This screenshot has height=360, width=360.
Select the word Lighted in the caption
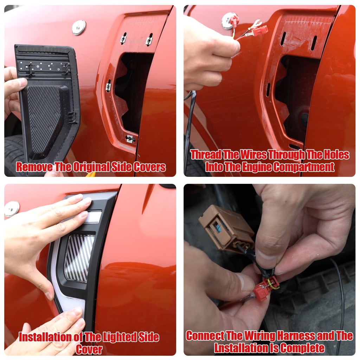tap(120, 337)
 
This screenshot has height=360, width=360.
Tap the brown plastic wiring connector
tap(226, 229)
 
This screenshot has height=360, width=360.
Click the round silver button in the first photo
tap(79, 27)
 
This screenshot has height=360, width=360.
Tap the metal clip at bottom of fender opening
tap(130, 139)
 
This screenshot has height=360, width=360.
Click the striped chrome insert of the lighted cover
tap(78, 258)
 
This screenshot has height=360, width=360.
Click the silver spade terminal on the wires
tap(256, 23)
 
